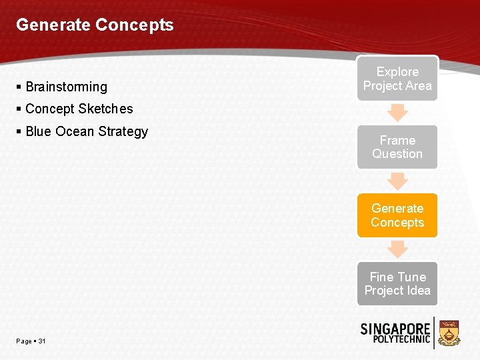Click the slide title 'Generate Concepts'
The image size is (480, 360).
pos(95,25)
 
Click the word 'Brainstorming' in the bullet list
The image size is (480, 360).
pos(66,87)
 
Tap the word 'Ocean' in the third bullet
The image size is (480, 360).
pos(73,131)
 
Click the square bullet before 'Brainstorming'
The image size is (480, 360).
pos(19,87)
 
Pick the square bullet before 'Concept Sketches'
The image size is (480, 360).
pos(19,109)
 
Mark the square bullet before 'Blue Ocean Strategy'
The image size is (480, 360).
pos(19,131)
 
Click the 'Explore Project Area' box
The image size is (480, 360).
pos(397,79)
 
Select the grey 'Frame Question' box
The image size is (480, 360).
pos(397,147)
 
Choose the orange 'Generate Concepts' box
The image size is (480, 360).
pos(397,215)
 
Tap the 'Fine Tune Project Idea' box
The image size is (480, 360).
pos(397,283)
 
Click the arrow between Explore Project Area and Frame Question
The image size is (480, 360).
pos(397,112)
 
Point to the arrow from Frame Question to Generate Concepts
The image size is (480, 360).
pos(397,181)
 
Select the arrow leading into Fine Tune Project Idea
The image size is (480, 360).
pos(397,249)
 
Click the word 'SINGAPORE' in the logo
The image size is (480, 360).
pos(395,329)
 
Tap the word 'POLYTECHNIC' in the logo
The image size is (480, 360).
pos(395,341)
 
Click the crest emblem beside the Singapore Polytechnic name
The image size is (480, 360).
pos(450,333)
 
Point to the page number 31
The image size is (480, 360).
pos(42,341)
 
